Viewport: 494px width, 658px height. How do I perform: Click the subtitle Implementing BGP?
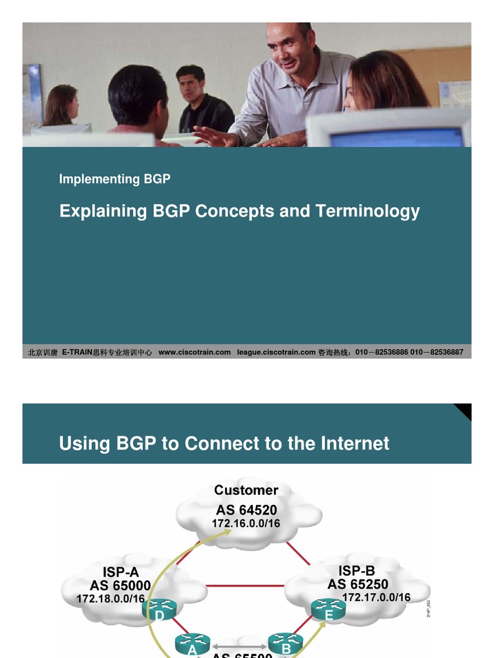click(x=114, y=179)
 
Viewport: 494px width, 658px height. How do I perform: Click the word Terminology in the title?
click(x=367, y=211)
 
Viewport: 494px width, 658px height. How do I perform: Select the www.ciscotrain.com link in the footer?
click(x=194, y=352)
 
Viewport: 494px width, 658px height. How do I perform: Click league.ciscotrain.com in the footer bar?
click(x=276, y=352)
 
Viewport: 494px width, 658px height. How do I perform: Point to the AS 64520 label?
click(x=246, y=510)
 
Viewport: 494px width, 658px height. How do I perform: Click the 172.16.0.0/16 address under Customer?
click(x=246, y=524)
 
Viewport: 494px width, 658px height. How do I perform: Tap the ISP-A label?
click(x=120, y=572)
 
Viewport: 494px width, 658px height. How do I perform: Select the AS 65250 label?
click(x=358, y=584)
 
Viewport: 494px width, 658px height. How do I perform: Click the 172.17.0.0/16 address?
click(x=376, y=598)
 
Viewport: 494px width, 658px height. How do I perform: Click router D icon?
click(x=159, y=609)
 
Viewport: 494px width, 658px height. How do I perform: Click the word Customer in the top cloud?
click(x=246, y=490)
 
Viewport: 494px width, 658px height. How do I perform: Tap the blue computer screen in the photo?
click(x=396, y=136)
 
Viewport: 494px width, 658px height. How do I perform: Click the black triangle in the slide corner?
click(x=464, y=410)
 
